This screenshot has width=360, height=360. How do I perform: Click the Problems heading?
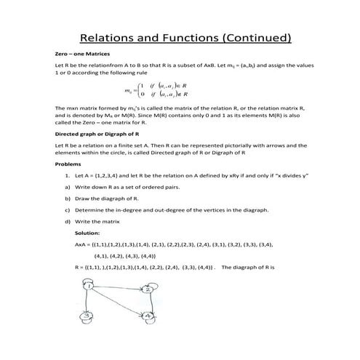tap(68, 164)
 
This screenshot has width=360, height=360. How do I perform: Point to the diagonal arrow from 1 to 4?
tap(116, 300)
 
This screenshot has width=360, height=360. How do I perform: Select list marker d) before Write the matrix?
tap(68, 221)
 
